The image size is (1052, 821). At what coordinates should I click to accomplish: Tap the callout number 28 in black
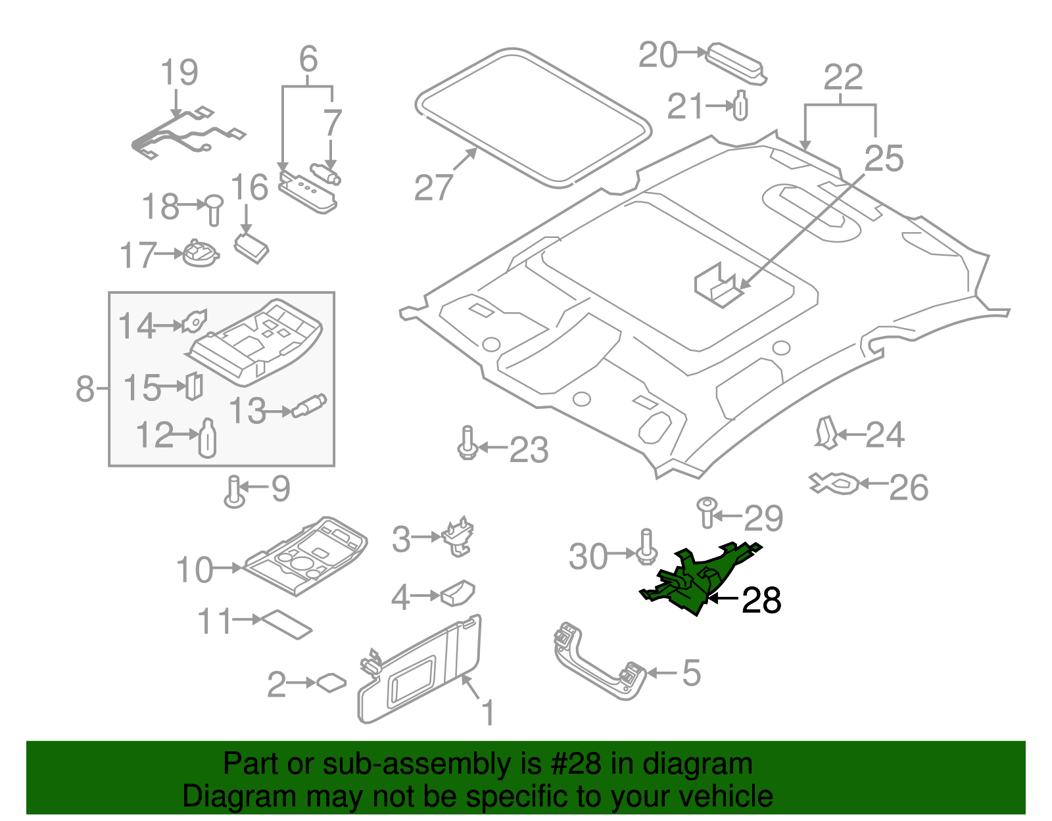761,600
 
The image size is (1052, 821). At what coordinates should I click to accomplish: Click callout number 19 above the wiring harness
179,72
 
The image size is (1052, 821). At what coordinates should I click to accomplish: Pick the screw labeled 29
707,512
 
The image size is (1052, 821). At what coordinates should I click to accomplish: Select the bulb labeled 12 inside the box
207,438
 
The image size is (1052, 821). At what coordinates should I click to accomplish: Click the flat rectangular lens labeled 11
287,624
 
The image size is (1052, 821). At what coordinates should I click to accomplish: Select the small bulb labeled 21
740,106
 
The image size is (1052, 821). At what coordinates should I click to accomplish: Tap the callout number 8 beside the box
85,388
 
